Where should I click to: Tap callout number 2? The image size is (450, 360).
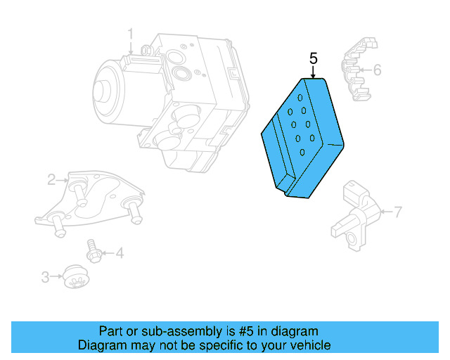tap(52, 180)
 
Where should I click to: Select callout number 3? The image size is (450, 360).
tap(46, 278)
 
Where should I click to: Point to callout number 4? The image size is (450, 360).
tap(120, 253)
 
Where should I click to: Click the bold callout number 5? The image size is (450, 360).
tap(313, 58)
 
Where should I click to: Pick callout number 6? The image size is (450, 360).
tap(377, 70)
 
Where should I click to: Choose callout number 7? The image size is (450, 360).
tap(398, 211)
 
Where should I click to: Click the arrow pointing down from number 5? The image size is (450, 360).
tap(314, 72)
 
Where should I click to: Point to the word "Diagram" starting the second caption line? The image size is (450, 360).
tap(101, 345)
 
